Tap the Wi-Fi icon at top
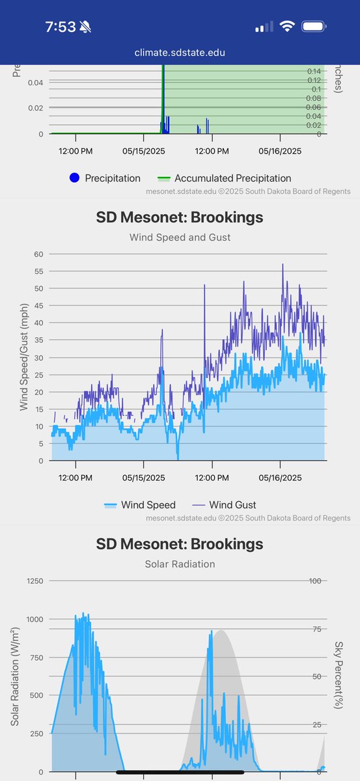[x=286, y=27]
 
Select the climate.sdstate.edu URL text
[x=180, y=52]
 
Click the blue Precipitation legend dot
[x=74, y=178]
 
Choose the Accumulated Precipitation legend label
[x=232, y=178]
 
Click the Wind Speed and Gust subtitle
[x=180, y=237]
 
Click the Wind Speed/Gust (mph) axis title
[x=23, y=357]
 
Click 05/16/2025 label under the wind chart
[x=280, y=477]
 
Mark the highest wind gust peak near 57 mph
[x=283, y=265]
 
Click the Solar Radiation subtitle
[x=180, y=563]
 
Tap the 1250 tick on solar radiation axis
[x=33, y=581]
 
